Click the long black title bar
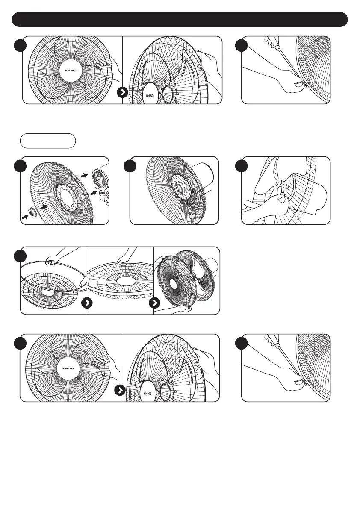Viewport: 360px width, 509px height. pyautogui.click(x=180, y=19)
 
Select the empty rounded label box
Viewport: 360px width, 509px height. pyautogui.click(x=47, y=141)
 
